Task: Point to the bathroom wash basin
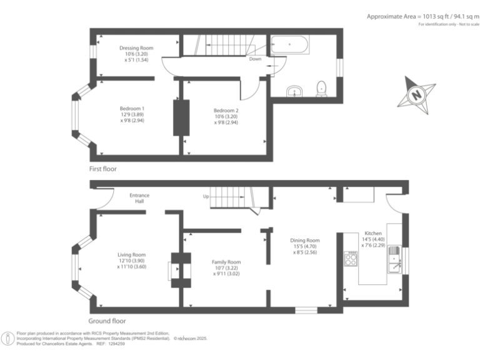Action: tap(294, 92)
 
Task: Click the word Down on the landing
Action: tap(255, 59)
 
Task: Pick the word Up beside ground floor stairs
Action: tap(206, 196)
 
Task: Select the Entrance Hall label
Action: tap(139, 199)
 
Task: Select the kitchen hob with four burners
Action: tap(351, 259)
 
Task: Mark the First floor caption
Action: tap(102, 169)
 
